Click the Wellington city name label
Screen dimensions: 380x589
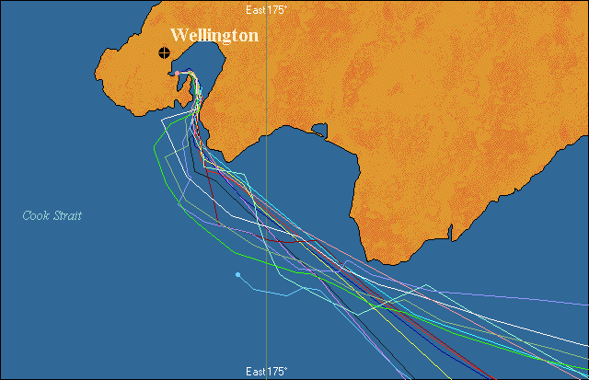point(214,36)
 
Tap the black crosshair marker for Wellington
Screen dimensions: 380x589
point(165,52)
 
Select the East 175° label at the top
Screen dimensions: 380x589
point(267,9)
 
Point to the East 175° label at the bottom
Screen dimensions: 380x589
point(267,371)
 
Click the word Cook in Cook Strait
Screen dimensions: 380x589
point(37,216)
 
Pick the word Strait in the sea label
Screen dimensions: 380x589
point(66,216)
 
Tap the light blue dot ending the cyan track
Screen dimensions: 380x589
point(237,274)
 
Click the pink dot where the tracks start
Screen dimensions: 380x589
point(178,74)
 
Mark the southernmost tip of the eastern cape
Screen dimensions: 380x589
point(369,261)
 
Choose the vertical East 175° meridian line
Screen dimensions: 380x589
point(267,184)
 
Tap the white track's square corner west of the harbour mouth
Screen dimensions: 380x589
point(164,120)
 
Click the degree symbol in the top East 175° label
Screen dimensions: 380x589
point(285,7)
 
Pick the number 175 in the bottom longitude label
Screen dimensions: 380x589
point(276,371)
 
